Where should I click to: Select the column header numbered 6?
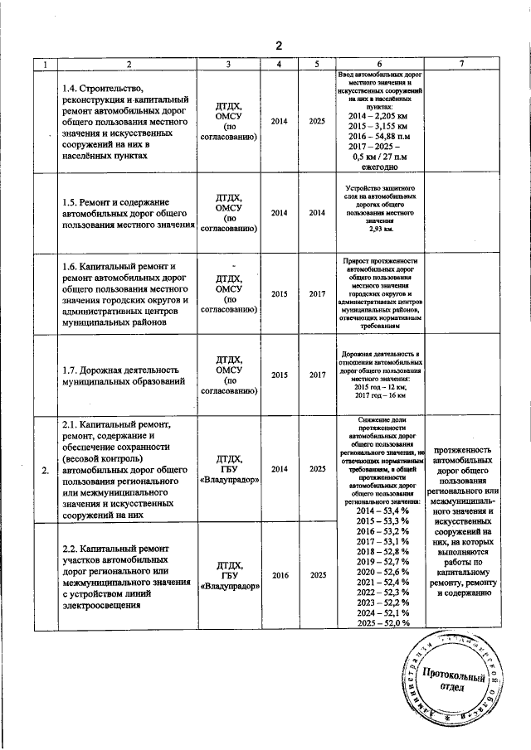click(380, 64)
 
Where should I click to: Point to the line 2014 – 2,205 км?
click(380, 116)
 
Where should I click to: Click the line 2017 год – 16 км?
click(380, 395)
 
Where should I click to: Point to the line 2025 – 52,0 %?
click(380, 622)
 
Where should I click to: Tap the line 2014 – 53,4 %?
click(380, 513)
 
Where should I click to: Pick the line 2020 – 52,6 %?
click(380, 573)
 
